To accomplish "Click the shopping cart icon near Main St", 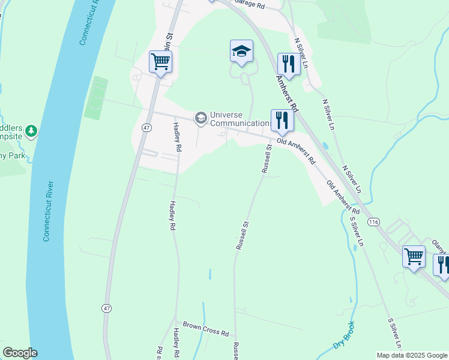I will tap(160, 61).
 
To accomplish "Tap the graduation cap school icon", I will tap(241, 52).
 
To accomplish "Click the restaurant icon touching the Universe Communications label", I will tap(281, 120).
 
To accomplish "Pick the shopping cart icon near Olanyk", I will tap(414, 257).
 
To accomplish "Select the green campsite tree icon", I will tap(31, 130).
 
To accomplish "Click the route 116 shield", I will tap(375, 222).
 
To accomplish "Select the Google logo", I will tap(20, 353).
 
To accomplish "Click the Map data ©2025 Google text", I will tap(412, 355).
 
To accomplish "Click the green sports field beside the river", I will tap(97, 98).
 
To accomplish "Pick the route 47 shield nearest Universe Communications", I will tap(146, 128).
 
